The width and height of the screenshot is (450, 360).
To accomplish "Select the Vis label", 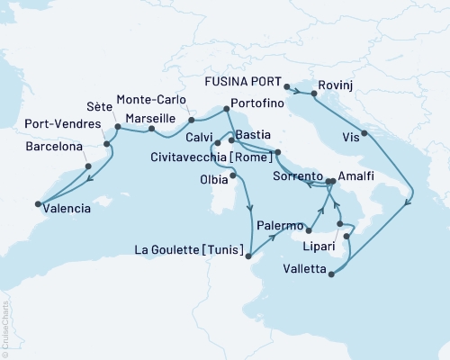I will pyautogui.click(x=350, y=137).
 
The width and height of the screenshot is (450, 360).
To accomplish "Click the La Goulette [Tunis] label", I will pyautogui.click(x=189, y=250).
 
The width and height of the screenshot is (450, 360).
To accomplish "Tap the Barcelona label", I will pyautogui.click(x=54, y=146).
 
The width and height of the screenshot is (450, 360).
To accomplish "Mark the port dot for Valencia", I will pyautogui.click(x=39, y=202).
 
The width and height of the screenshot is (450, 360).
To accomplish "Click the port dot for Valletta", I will pyautogui.click(x=332, y=275).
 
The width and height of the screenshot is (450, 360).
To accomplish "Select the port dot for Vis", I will pyautogui.click(x=364, y=135).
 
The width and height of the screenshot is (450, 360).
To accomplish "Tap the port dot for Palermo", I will pyautogui.click(x=308, y=217).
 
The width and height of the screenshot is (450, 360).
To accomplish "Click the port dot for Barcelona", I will pyautogui.click(x=87, y=166).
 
